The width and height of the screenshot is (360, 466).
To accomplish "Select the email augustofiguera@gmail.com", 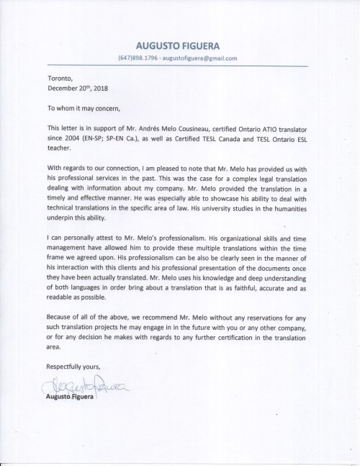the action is pos(209,58).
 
